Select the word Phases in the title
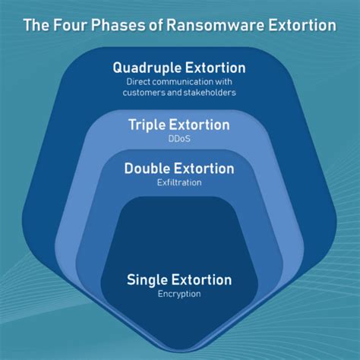click(116, 25)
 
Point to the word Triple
click(150, 125)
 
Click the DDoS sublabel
click(179, 139)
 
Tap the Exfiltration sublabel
click(179, 182)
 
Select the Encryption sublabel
click(179, 294)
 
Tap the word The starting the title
click(36, 25)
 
